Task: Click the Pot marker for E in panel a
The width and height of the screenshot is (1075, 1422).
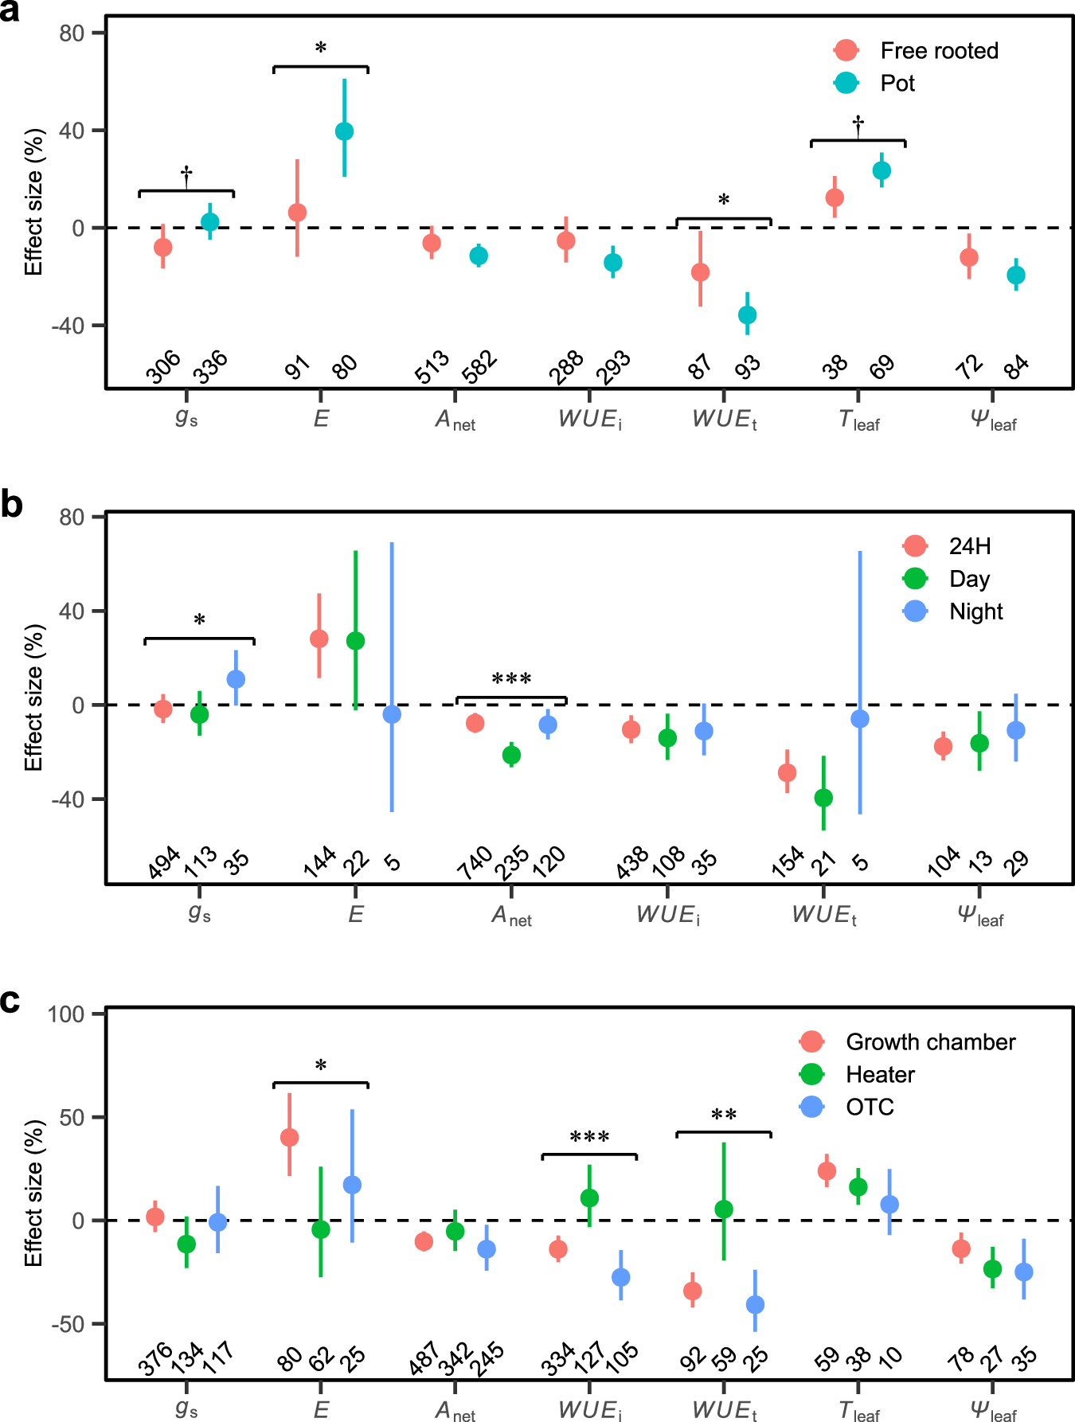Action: [x=344, y=131]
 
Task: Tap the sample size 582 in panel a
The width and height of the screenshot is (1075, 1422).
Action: [x=480, y=367]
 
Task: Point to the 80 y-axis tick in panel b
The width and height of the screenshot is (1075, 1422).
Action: [x=72, y=517]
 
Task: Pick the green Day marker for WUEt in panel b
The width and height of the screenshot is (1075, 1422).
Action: [x=823, y=798]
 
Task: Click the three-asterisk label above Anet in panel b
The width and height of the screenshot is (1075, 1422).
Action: [x=511, y=679]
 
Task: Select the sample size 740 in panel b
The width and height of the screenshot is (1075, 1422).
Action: [x=475, y=863]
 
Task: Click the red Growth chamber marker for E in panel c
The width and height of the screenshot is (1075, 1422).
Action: [x=289, y=1138]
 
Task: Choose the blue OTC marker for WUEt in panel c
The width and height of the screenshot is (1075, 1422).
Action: [x=755, y=1305]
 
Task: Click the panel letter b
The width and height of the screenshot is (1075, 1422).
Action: [x=11, y=505]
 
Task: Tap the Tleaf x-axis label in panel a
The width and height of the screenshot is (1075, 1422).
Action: [x=858, y=420]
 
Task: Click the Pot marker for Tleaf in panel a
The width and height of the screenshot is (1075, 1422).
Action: [x=881, y=170]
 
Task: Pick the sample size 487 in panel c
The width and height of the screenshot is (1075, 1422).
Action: [x=424, y=1358]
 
